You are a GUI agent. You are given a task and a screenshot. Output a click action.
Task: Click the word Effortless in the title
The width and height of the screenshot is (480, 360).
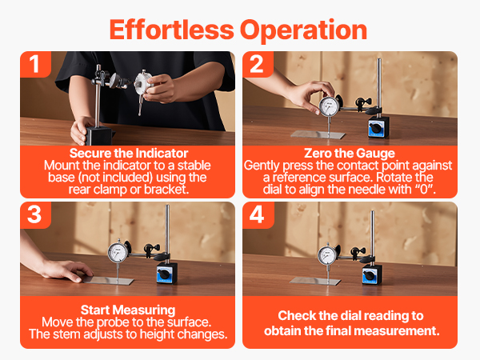171,30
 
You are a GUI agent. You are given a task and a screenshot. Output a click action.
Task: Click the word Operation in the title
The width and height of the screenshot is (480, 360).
303,30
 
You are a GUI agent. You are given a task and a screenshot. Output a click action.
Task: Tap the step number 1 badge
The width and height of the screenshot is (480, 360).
34,64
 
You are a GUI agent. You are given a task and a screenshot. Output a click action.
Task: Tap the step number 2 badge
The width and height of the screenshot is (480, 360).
257,64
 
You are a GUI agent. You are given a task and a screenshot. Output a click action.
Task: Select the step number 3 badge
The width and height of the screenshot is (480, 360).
34,215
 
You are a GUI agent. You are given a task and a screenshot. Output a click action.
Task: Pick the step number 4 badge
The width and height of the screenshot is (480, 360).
257,215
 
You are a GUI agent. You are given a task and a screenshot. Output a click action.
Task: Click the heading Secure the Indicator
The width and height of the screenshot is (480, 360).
129,153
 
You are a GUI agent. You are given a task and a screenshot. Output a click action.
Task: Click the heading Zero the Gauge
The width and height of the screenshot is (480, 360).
350,153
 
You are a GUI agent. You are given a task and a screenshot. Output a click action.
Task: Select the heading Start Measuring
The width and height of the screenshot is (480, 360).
128,310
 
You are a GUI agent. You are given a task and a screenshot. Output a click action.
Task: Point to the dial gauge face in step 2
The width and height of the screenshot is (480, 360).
329,106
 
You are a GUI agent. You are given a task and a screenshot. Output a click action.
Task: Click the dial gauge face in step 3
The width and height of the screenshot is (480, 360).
118,253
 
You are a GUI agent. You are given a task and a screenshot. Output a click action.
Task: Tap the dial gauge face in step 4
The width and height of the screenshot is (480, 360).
327,255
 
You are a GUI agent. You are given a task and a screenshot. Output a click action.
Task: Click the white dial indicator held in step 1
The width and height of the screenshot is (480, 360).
142,87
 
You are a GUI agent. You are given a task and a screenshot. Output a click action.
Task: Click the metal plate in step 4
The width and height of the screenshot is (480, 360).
315,281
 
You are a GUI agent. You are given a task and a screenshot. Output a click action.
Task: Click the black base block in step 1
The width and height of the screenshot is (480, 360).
98,136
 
